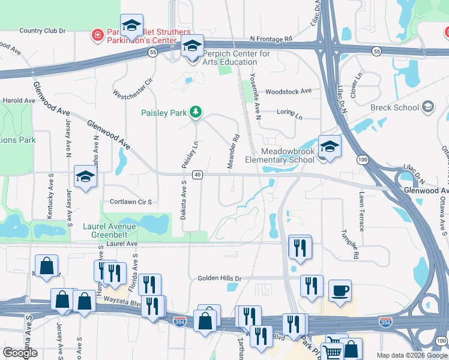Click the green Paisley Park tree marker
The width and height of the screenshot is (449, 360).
tap(195, 112)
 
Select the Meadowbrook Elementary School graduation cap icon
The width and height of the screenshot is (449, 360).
tap(329, 146)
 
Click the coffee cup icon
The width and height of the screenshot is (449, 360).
tap(340, 290)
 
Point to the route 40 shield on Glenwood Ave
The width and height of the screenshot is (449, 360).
tap(197, 175)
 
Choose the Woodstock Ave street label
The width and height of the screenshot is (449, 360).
tap(288, 91)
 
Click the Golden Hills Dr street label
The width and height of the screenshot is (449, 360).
tap(219, 278)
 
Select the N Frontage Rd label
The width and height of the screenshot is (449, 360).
tap(271, 38)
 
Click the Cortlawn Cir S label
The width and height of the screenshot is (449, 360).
tap(130, 202)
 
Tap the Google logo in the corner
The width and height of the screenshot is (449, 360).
tap(20, 353)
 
